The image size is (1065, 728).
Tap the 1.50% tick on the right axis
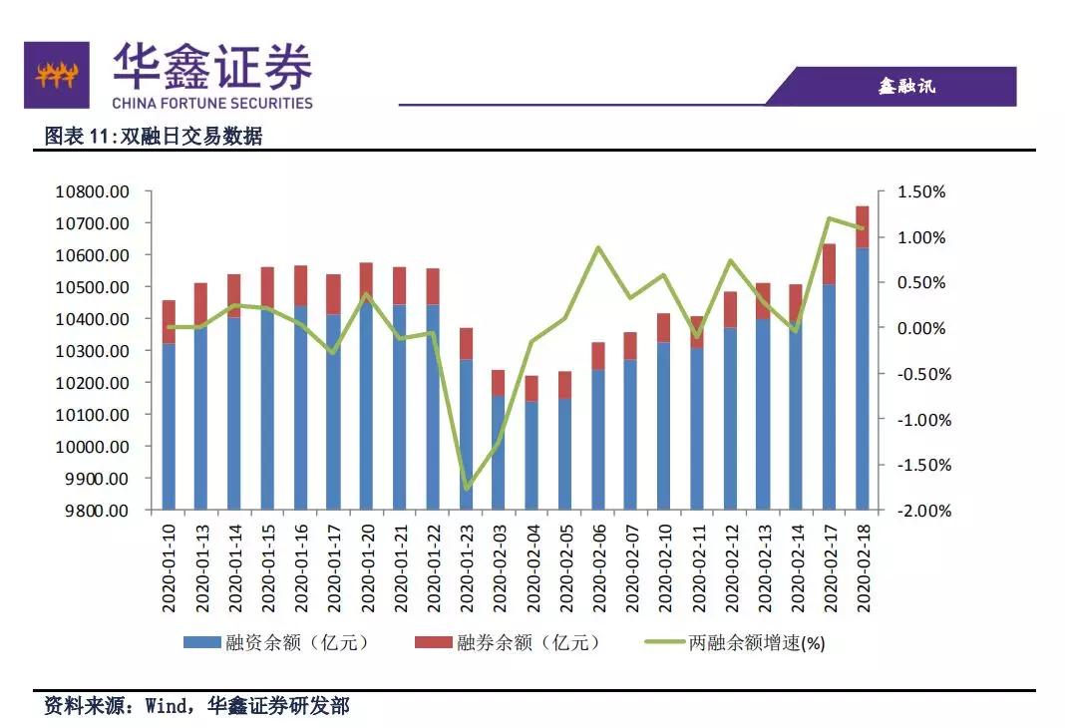tap(924, 191)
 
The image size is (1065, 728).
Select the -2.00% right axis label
tap(924, 511)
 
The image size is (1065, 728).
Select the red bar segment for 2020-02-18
tap(863, 226)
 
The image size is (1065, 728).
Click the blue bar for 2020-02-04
tap(532, 455)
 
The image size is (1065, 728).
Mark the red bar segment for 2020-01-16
tap(301, 285)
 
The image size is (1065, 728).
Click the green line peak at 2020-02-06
tap(598, 247)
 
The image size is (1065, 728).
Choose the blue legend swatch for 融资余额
tap(198, 643)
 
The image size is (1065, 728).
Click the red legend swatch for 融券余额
tap(433, 643)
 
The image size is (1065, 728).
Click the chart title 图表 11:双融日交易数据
tap(154, 137)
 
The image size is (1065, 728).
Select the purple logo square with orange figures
tap(57, 74)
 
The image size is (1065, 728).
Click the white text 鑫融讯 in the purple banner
tap(906, 87)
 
